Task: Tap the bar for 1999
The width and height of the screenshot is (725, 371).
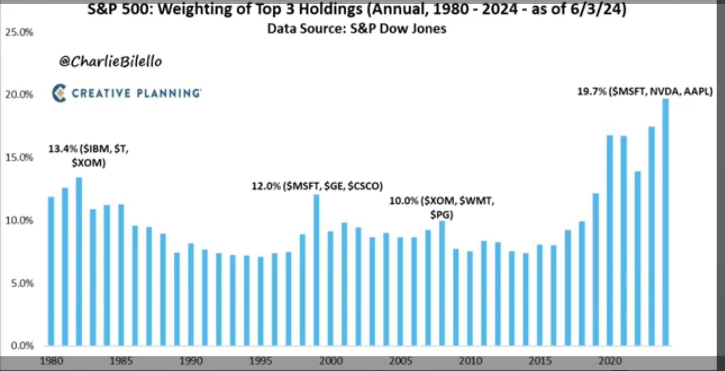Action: coord(316,270)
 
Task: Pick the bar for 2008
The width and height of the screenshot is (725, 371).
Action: coord(442,283)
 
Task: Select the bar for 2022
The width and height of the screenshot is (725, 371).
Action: coord(638,258)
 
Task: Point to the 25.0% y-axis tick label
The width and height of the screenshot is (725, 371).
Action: coord(19,32)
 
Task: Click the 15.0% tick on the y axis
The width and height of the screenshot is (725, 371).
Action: coord(19,158)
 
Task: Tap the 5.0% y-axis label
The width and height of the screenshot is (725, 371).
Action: coord(22,283)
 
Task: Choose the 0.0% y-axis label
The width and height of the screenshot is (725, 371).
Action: coord(22,345)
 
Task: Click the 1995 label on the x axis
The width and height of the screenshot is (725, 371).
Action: coord(261,361)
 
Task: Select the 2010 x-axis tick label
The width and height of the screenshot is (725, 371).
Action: coord(470,361)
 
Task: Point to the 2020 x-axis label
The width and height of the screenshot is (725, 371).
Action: coord(610,361)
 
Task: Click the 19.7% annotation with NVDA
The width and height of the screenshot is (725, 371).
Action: coord(645,92)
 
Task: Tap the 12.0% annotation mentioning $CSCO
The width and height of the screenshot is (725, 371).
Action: coord(317,186)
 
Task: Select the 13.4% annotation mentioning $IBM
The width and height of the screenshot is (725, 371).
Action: coord(88,156)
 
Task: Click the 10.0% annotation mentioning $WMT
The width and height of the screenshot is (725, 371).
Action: coord(442,207)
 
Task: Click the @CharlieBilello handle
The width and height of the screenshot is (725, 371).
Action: coord(110,62)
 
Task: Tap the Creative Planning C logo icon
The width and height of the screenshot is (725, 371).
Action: coord(59,93)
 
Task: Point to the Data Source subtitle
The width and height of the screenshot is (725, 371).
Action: coord(357,29)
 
